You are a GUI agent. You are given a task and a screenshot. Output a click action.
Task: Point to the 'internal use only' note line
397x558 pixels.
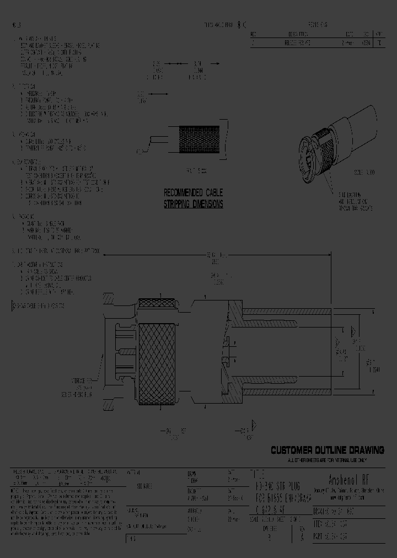pyautogui.click(x=327, y=459)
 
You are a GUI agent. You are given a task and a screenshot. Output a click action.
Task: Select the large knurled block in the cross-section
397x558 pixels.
pyautogui.click(x=160, y=356)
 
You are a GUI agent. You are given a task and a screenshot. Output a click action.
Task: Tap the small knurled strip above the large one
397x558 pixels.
pyautogui.click(x=157, y=303)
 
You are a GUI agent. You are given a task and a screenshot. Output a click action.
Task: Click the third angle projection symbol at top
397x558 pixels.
pyautogui.click(x=242, y=25)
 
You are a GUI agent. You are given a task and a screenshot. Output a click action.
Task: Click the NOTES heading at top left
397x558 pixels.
pyautogui.click(x=17, y=25)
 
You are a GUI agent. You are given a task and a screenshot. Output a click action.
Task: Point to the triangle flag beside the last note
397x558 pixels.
pyautogui.click(x=14, y=304)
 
